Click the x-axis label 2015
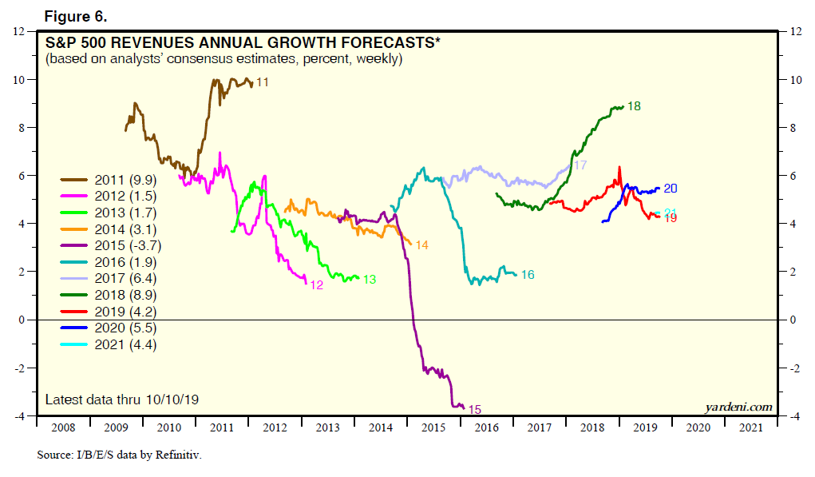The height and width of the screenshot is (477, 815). (433, 427)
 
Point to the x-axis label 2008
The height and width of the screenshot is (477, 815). (64, 427)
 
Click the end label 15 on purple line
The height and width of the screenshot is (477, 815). (474, 410)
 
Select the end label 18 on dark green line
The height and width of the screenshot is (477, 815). (635, 105)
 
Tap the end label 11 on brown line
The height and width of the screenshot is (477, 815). (262, 82)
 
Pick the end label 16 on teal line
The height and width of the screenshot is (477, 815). (527, 275)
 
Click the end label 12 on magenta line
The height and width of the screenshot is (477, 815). (315, 284)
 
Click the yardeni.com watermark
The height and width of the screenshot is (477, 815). (738, 407)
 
